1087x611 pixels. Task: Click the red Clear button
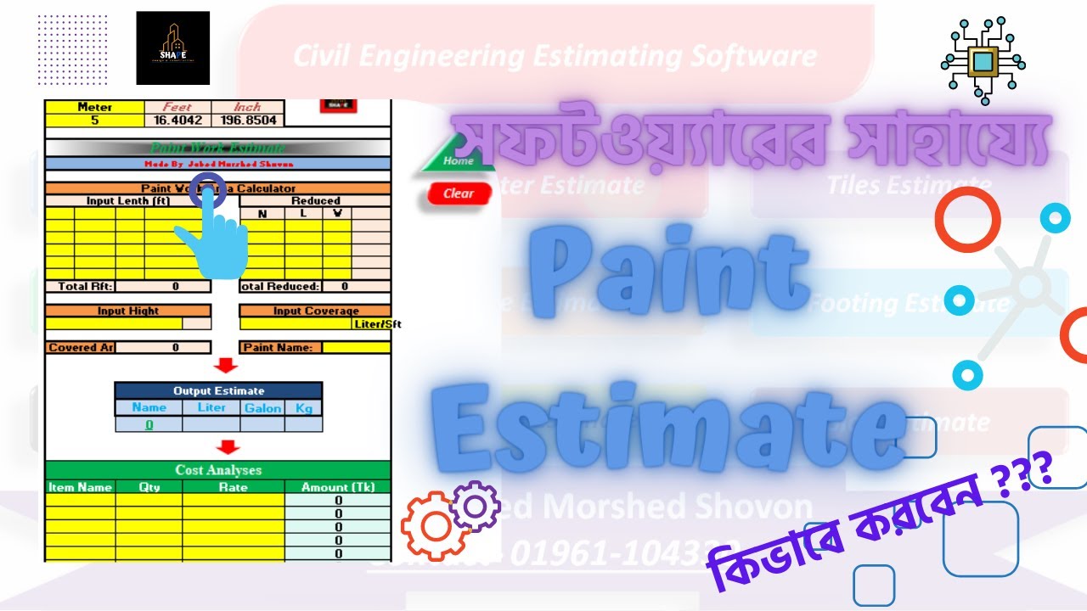pyautogui.click(x=458, y=193)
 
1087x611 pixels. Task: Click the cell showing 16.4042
pyautogui.click(x=177, y=121)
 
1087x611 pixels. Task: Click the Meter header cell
pyautogui.click(x=94, y=108)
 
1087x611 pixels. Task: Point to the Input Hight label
pyautogui.click(x=127, y=311)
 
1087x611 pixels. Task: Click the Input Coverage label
pyautogui.click(x=315, y=311)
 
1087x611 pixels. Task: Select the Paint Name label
pyautogui.click(x=280, y=347)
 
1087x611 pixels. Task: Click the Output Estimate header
pyautogui.click(x=218, y=390)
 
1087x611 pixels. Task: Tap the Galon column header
pyautogui.click(x=262, y=407)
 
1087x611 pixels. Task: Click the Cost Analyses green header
pyautogui.click(x=218, y=469)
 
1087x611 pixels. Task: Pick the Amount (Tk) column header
pyautogui.click(x=337, y=487)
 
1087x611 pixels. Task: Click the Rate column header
pyautogui.click(x=233, y=487)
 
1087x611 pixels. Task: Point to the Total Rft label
pyautogui.click(x=85, y=287)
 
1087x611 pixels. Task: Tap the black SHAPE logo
pyautogui.click(x=172, y=48)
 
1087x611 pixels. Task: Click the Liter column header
pyautogui.click(x=211, y=407)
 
